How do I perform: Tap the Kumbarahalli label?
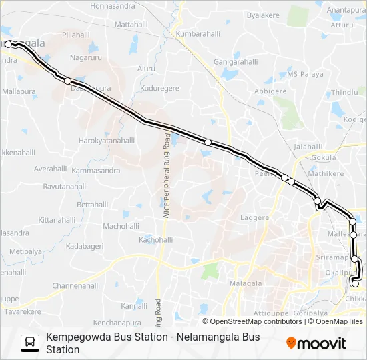(197, 33)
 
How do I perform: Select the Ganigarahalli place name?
(235, 61)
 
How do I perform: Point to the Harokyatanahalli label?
(107, 141)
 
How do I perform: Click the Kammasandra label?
(96, 171)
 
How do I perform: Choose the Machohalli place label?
(120, 226)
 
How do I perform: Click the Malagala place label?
(246, 283)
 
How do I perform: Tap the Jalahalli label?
(308, 146)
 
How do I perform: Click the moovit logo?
(316, 343)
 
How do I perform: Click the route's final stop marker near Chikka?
(355, 284)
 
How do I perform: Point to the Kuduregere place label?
(159, 88)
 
